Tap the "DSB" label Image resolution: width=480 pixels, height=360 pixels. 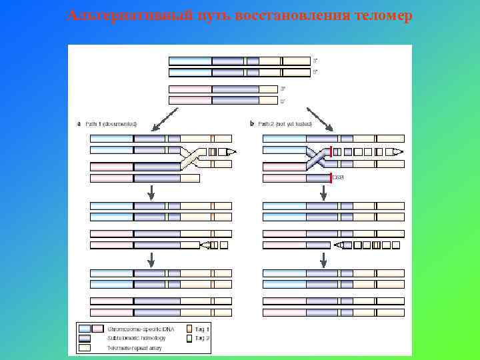[338, 177]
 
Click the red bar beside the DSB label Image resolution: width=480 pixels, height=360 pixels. [331, 177]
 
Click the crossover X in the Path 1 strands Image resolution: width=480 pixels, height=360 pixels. [191, 158]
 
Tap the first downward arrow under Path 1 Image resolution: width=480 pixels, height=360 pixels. [152, 192]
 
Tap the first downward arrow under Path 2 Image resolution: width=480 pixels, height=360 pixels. [323, 192]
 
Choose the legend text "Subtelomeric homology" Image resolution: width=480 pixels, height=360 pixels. [136, 338]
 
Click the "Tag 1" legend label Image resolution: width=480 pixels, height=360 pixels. [203, 329]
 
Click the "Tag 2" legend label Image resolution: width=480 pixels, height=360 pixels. [203, 338]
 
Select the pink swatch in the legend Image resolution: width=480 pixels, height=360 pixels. [97, 329]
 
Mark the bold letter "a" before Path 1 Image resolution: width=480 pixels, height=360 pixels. [80, 123]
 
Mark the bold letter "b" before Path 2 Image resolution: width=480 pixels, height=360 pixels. [251, 123]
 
